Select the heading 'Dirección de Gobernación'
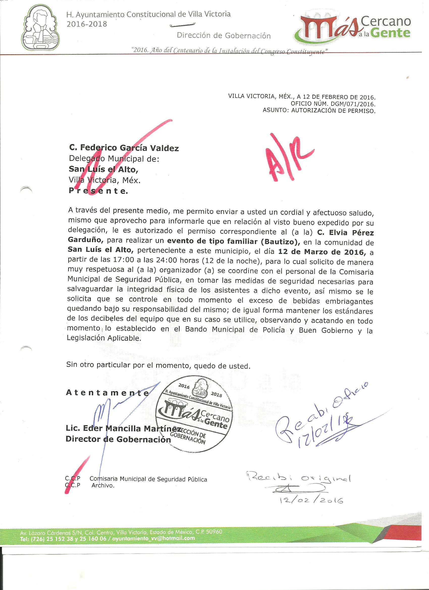224,36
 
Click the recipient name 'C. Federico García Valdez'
124,148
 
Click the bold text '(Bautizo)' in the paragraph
280,242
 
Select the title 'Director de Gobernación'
118,439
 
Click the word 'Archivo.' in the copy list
103,486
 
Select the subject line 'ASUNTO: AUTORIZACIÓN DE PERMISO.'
319,111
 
